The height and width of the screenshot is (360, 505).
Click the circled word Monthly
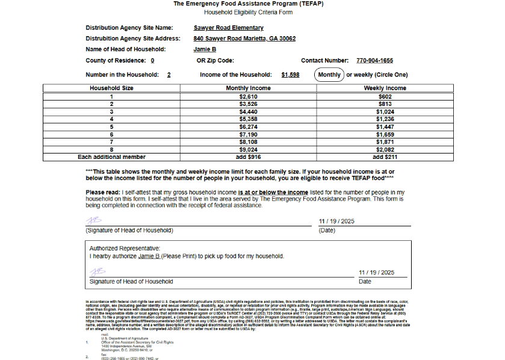pos(329,75)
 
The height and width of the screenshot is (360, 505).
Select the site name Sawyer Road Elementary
pos(228,28)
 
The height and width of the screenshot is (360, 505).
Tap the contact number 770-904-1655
pos(374,60)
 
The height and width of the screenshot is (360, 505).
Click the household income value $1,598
pos(290,75)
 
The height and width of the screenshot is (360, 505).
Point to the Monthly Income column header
pos(248,88)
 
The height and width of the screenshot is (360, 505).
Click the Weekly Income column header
pos(385,88)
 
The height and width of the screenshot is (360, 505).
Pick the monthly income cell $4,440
pos(248,111)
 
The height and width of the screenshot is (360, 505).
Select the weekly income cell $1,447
pos(385,127)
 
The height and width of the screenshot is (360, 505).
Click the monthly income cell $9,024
pos(248,149)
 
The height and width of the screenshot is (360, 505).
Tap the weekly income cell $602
pos(385,96)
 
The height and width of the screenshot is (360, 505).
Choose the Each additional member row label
pos(111,157)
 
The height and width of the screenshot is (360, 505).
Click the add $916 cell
pos(248,157)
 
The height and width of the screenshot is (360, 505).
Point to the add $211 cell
pos(385,157)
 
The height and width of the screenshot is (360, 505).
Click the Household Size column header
pos(111,88)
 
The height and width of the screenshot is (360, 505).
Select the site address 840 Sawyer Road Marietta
pos(244,39)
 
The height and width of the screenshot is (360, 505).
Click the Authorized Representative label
pos(125,248)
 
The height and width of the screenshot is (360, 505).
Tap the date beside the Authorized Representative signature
pos(376,273)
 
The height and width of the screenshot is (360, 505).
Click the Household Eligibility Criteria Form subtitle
pos(248,12)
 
